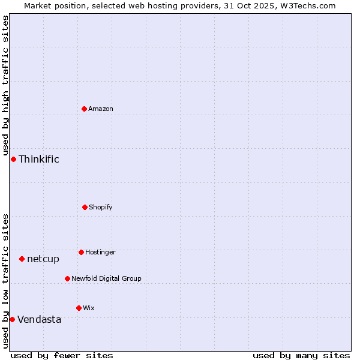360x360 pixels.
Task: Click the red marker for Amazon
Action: (x=84, y=109)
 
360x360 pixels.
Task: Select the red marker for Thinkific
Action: (x=13, y=159)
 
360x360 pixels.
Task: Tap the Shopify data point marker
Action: (x=85, y=207)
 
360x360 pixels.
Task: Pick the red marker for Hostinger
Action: (x=81, y=252)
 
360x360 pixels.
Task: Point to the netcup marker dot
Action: (x=22, y=259)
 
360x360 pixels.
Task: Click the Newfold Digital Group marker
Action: (x=67, y=278)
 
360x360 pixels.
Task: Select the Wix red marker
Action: (x=79, y=308)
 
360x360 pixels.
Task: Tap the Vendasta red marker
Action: (x=12, y=319)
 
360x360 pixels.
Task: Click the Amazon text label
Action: (x=101, y=109)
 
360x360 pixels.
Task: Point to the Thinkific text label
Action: (x=39, y=159)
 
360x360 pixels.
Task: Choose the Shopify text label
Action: (x=101, y=208)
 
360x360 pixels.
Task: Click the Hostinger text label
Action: (x=100, y=253)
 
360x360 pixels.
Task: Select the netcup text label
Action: (x=43, y=259)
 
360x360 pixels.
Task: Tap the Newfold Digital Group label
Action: (x=106, y=279)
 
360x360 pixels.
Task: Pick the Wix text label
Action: (x=89, y=308)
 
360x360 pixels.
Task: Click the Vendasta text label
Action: (x=40, y=320)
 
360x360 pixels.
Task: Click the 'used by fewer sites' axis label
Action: (x=62, y=355)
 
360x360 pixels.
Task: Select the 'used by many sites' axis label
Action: (x=301, y=355)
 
